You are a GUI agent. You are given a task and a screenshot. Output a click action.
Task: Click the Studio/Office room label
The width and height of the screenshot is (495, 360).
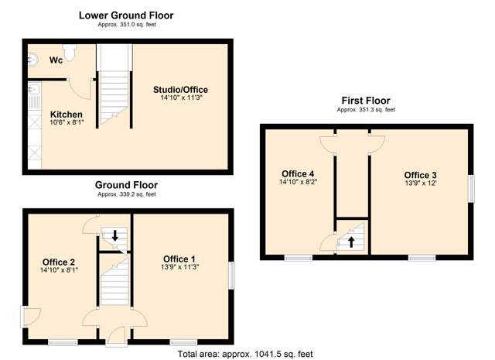[x=180, y=90]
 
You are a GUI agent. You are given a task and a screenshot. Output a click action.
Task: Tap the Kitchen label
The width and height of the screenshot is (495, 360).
[x=67, y=114]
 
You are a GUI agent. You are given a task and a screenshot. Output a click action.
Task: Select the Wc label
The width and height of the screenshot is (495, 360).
[x=56, y=60]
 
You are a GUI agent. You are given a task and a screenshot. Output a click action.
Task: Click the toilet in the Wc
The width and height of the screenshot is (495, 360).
[x=70, y=52]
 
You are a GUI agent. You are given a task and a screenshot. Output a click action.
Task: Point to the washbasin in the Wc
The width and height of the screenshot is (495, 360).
[x=32, y=60]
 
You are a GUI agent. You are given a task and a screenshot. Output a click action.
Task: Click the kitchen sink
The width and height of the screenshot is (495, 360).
[x=33, y=89]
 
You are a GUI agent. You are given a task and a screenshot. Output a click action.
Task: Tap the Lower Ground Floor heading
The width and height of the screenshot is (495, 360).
[x=126, y=15]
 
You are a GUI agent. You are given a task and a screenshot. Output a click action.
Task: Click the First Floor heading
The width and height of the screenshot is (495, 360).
[x=366, y=101]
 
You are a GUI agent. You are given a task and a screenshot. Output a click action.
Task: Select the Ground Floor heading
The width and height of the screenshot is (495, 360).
[x=126, y=185]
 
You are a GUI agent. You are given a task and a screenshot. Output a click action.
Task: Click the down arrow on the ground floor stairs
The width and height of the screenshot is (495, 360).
[x=115, y=235]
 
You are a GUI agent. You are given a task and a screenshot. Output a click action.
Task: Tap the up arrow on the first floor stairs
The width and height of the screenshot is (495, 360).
[x=351, y=242]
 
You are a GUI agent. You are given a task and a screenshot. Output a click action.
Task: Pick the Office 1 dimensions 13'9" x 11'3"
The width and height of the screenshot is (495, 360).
[x=179, y=267]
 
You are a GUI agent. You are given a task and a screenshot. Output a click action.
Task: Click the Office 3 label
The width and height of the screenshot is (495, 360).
[x=421, y=175]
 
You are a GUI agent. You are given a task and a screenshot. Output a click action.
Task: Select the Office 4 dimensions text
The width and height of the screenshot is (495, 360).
[x=298, y=182]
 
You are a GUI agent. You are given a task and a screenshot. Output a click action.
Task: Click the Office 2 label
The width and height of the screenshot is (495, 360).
[x=59, y=262]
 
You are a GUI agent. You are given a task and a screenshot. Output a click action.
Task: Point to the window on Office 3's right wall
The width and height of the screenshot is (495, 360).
[x=471, y=189]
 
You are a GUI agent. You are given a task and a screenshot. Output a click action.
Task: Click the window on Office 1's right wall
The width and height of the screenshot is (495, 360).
[x=232, y=275]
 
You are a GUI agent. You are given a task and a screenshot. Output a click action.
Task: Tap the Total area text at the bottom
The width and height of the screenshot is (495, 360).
[x=245, y=354]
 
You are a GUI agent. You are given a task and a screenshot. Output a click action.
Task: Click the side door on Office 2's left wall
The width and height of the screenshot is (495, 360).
[x=30, y=317]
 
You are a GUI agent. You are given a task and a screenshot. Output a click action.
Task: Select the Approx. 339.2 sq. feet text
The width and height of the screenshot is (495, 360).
[x=127, y=194]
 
